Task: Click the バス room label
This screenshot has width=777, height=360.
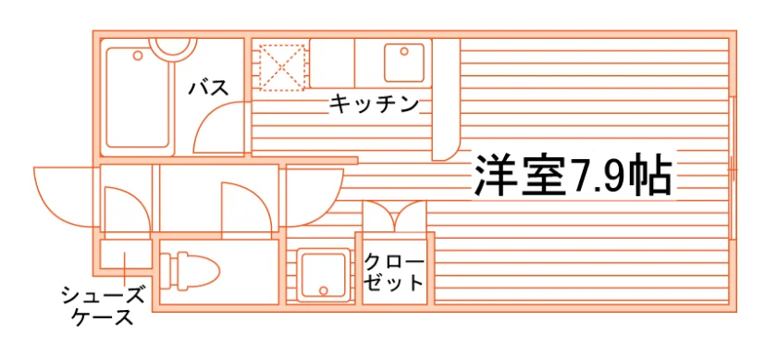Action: click(209, 88)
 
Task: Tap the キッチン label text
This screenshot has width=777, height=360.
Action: click(374, 105)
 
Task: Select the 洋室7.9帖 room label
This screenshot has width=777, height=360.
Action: click(573, 176)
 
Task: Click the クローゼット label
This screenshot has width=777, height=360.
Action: click(394, 272)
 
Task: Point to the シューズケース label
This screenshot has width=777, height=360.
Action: click(103, 306)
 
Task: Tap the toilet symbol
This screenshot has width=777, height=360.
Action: click(191, 271)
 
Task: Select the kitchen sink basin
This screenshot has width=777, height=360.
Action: click(404, 63)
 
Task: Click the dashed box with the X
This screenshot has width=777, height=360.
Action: click(282, 68)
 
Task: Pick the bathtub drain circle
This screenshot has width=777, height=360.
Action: click(138, 55)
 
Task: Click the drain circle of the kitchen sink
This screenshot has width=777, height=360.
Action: click(404, 51)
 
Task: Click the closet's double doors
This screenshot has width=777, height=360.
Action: click(394, 216)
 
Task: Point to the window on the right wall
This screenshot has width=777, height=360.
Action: click(733, 169)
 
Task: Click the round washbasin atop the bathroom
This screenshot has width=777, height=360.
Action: click(174, 47)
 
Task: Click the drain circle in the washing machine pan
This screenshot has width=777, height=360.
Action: click(324, 292)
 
